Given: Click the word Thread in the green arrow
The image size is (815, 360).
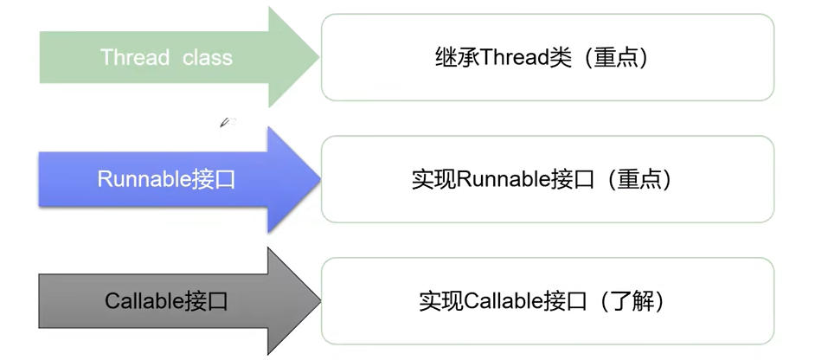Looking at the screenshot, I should tap(135, 58).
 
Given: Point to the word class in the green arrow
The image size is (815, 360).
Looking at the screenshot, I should tap(208, 58).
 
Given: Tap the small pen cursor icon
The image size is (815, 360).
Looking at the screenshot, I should tap(228, 123).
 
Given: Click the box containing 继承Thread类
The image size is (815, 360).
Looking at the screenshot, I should tap(547, 58).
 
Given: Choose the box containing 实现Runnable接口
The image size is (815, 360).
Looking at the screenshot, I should tap(547, 179).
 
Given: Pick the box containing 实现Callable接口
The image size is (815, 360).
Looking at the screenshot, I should tap(547, 300).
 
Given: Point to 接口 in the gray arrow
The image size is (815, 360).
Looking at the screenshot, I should tap(206, 301).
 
